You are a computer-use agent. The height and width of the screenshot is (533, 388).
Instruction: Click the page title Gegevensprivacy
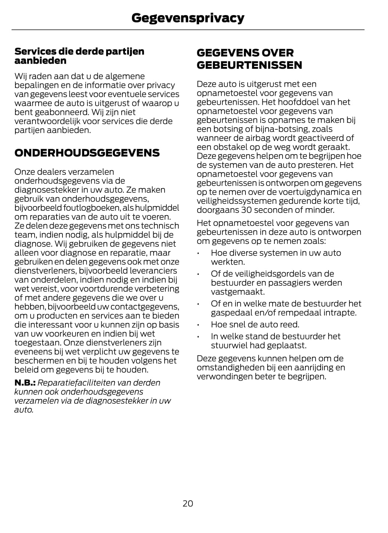coord(188,18)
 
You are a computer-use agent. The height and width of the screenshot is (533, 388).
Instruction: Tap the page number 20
coord(188,503)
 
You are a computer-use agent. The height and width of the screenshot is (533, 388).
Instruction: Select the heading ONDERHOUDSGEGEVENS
coord(87,153)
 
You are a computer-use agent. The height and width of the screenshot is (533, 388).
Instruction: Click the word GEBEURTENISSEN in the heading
coord(249,65)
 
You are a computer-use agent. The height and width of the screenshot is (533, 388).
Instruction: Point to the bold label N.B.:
coord(25,383)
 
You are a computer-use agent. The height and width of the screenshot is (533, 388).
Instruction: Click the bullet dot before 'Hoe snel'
coord(198,325)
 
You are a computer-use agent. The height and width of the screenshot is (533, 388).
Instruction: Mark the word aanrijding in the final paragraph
coord(315,367)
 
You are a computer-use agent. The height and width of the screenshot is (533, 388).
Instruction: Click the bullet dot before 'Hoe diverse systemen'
coord(198,253)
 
